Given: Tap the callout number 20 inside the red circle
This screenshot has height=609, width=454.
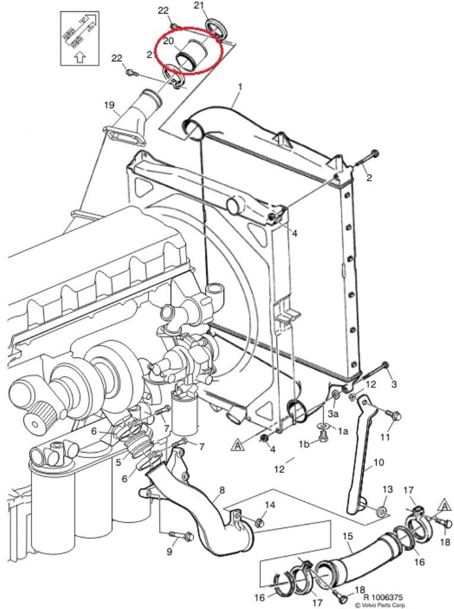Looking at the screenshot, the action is click(168, 41).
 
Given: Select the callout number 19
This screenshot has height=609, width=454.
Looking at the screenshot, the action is click(109, 105).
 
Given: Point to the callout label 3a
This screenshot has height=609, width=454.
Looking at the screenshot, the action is click(333, 413).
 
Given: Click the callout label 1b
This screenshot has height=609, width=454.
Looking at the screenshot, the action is click(304, 444).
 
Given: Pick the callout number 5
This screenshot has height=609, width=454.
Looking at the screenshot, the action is click(119, 462).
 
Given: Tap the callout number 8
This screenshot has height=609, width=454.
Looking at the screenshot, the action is click(222, 490).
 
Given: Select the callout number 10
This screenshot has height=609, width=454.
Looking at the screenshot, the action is click(379, 462).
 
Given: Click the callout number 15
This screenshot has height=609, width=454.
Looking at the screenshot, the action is click(348, 536).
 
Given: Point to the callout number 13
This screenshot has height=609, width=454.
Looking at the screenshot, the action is click(387, 489).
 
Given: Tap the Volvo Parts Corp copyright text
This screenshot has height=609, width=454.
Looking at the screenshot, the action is click(380, 605).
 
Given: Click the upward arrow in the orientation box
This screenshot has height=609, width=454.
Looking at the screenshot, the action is click(79, 58).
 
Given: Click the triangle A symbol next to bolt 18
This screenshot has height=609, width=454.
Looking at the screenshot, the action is click(444, 506).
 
